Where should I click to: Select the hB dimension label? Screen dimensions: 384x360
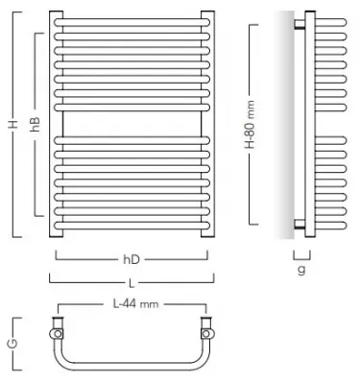click(34, 124)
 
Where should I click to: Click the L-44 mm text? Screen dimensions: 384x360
click(132, 305)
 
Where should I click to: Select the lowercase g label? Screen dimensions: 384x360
click(300, 270)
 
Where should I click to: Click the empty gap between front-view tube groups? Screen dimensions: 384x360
click(130, 119)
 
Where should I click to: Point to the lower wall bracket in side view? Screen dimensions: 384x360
click(300, 223)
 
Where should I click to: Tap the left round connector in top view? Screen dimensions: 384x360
click(57, 333)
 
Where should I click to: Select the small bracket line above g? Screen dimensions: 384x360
click(300, 254)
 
